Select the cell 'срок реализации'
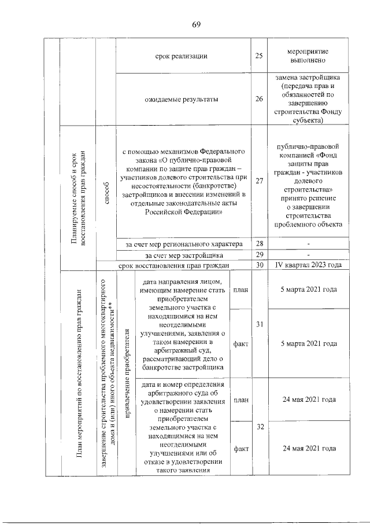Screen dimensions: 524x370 pyautogui.click(x=182, y=56)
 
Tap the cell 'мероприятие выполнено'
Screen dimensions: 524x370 pyautogui.click(x=308, y=56)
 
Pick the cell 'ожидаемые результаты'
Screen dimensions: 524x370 pyautogui.click(x=182, y=99)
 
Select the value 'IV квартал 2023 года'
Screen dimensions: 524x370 pyautogui.click(x=308, y=265)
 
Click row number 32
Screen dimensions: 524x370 pyautogui.click(x=260, y=427)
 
